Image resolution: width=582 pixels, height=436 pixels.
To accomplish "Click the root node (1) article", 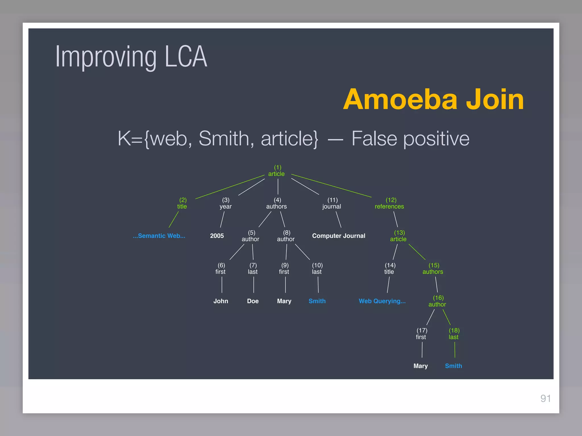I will click(x=277, y=171).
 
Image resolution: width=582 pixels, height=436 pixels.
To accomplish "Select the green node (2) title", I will click(x=182, y=203).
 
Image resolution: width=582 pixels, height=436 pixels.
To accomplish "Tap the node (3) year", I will click(x=226, y=203).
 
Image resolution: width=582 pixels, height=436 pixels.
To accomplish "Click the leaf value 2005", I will click(x=217, y=236).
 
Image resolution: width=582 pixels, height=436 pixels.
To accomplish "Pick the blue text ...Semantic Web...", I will click(x=159, y=236).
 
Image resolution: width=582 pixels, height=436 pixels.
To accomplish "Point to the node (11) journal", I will click(x=332, y=203).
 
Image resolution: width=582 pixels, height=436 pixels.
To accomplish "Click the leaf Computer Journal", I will click(x=338, y=236).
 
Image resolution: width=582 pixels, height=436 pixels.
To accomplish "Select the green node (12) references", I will click(x=389, y=203).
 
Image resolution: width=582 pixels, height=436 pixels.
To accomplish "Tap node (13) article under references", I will click(x=398, y=236).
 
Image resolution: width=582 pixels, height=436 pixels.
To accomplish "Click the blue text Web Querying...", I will click(x=382, y=301).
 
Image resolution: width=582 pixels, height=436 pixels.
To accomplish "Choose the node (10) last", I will click(x=317, y=269).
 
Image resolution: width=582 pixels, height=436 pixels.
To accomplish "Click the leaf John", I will click(x=221, y=301).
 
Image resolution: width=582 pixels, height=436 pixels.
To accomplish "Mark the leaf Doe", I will click(x=253, y=301).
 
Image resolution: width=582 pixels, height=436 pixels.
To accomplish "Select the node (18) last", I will click(x=454, y=334).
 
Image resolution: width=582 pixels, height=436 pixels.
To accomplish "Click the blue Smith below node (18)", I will click(x=453, y=366).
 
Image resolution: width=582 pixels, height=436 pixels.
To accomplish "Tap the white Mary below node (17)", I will click(x=421, y=366).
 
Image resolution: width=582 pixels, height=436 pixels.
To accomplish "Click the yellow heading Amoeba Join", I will click(x=433, y=99).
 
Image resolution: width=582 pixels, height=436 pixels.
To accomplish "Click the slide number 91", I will click(x=545, y=399).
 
